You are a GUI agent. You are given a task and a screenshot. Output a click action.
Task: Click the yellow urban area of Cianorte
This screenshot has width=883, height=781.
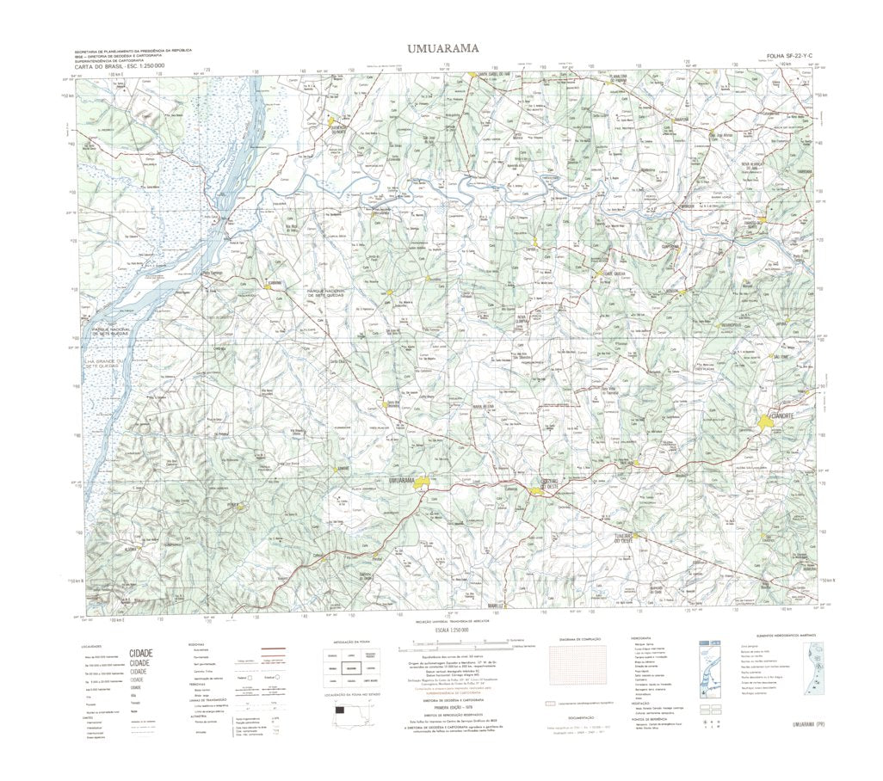(766, 421)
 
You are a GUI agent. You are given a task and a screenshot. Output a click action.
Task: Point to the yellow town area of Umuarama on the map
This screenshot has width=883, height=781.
(422, 485)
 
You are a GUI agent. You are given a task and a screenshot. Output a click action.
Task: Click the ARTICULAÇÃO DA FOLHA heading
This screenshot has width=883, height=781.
(352, 641)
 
